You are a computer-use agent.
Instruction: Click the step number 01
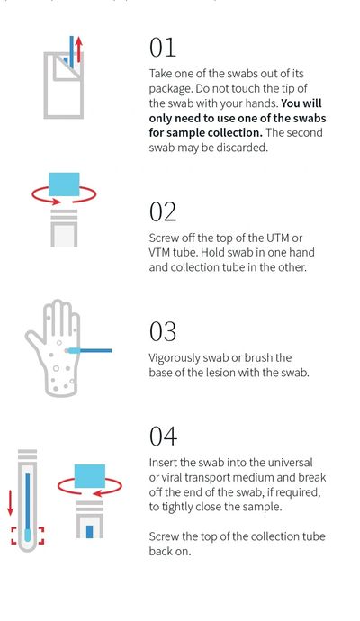point(162,48)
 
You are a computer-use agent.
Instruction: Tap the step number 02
point(162,211)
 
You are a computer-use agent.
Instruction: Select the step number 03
point(162,331)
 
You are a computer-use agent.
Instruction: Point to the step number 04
point(163,436)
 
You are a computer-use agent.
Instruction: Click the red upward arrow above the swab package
point(79,49)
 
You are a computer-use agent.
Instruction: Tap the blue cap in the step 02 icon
point(64,184)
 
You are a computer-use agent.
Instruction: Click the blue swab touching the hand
point(88,350)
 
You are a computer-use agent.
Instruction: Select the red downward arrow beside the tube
point(11,502)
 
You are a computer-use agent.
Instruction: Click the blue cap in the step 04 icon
point(90,476)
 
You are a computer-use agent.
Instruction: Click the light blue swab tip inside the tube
point(27,535)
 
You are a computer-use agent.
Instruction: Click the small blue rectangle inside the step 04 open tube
point(89,532)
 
